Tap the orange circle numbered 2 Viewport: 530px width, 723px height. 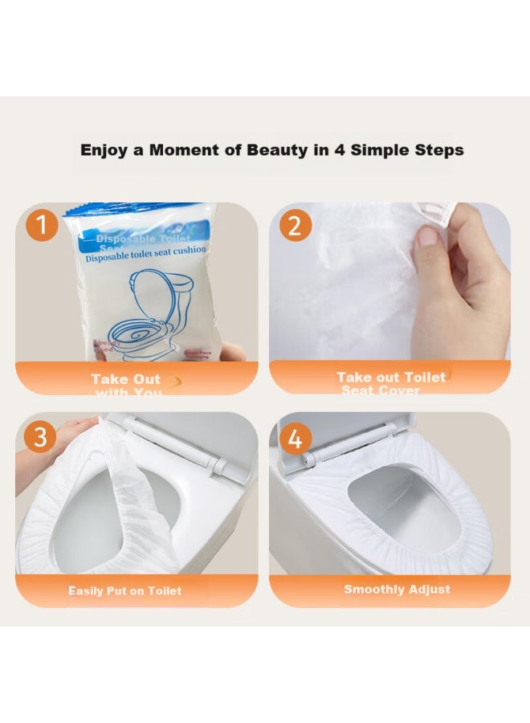(x=295, y=226)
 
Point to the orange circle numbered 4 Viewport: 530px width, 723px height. (x=295, y=439)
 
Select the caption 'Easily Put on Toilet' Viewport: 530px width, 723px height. (x=125, y=590)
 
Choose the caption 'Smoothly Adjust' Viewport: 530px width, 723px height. (x=397, y=589)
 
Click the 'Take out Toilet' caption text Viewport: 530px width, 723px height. (x=390, y=377)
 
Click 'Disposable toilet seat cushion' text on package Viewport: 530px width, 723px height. (x=146, y=250)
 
